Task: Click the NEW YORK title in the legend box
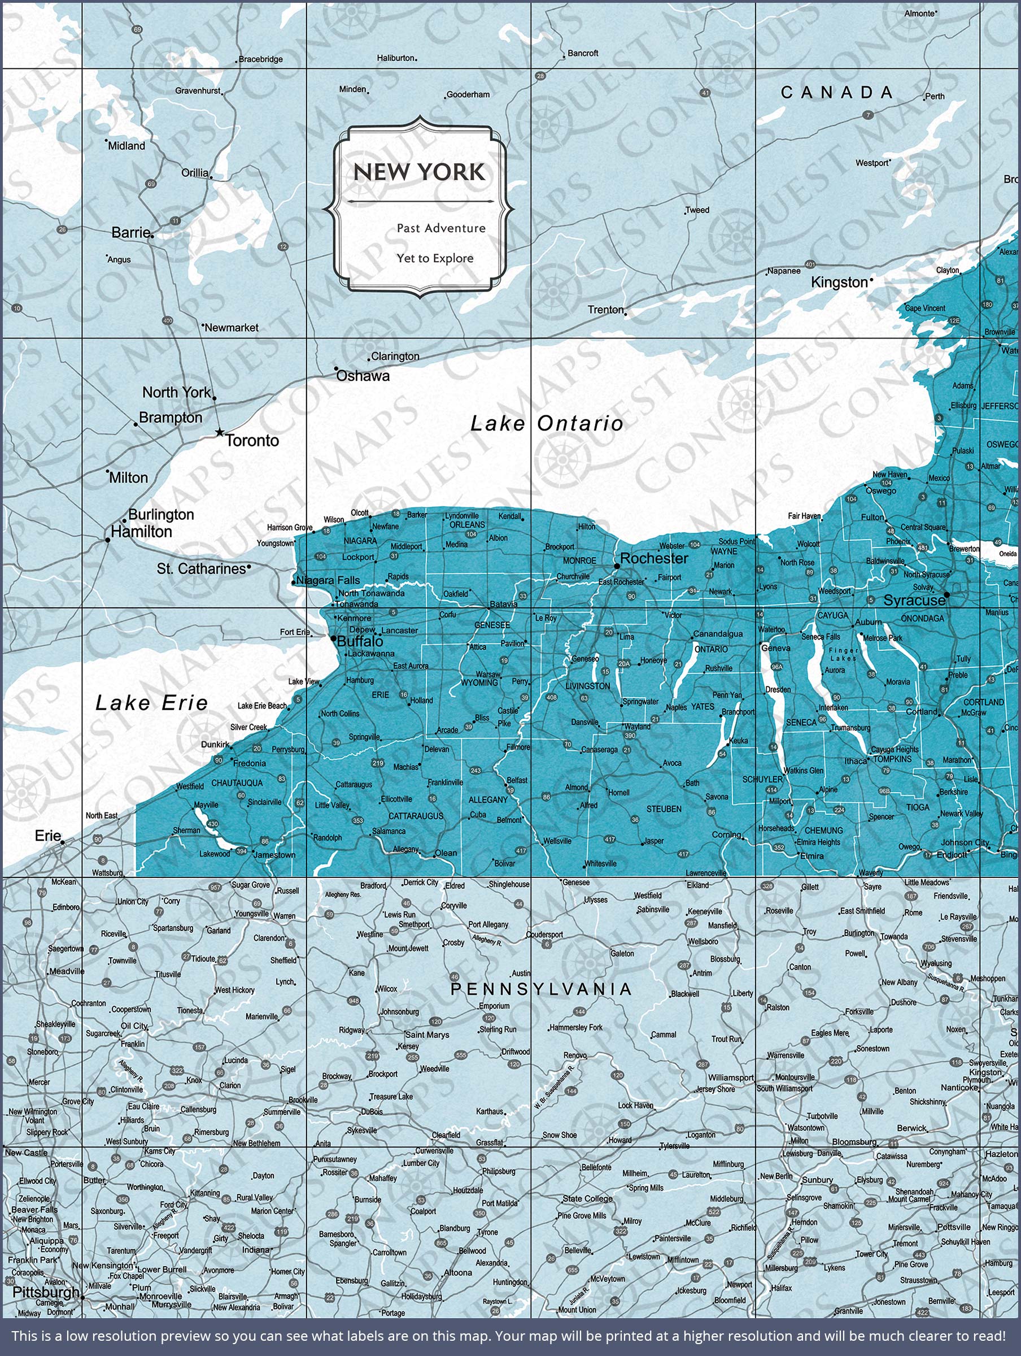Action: [418, 172]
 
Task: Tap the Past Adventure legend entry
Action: [440, 228]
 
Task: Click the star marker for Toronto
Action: [220, 433]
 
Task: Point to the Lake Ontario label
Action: [547, 423]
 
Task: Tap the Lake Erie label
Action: [151, 703]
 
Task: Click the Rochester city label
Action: [654, 558]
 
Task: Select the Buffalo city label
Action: [360, 641]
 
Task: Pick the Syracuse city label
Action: [914, 601]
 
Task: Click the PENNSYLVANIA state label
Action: [541, 989]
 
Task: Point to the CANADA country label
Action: [836, 93]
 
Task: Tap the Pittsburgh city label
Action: [46, 1292]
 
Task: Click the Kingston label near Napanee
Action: [839, 282]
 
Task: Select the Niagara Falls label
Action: [328, 580]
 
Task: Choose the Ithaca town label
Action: [856, 762]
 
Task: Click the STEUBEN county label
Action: [664, 809]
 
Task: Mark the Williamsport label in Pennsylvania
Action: [731, 1077]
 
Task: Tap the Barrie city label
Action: [130, 232]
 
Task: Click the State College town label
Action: [587, 1198]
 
